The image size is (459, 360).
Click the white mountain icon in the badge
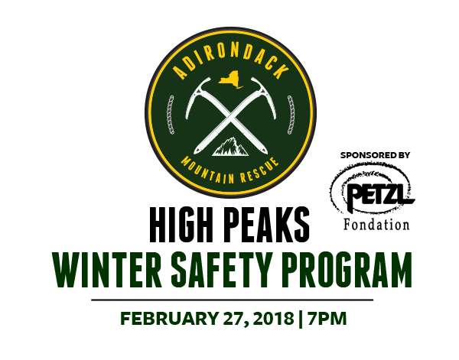230,146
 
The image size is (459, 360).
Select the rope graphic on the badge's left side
170,115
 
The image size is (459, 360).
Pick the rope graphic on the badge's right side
291,115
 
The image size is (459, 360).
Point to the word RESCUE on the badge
259,171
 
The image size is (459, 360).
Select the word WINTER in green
107,271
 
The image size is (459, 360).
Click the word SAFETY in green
220,271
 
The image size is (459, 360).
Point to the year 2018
273,319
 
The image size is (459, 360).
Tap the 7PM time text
327,319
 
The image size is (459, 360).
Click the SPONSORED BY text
375,155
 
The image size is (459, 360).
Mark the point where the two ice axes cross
230,116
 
